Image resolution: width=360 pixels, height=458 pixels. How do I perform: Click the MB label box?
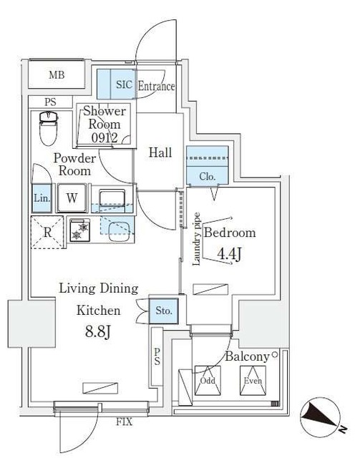pos(57,75)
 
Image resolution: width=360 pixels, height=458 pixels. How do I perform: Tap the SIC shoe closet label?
pos(124,85)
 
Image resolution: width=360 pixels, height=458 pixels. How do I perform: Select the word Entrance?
pos(156,87)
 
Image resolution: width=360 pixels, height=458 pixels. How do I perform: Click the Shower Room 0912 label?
pos(105,123)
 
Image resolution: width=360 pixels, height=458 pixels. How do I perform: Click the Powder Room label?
pos(74,165)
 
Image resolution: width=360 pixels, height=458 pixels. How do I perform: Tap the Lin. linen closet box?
pos(42,198)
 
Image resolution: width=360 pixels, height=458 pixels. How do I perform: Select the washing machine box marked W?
pos(72,198)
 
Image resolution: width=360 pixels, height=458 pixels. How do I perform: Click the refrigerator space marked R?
pos(47,232)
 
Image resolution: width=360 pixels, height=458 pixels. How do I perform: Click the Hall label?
pos(160,152)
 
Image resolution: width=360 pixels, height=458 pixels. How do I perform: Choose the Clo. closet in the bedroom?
pos(207,175)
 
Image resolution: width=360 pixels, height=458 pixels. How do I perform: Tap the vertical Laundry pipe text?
pos(196,238)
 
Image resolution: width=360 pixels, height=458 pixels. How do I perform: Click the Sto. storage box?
pos(164,311)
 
